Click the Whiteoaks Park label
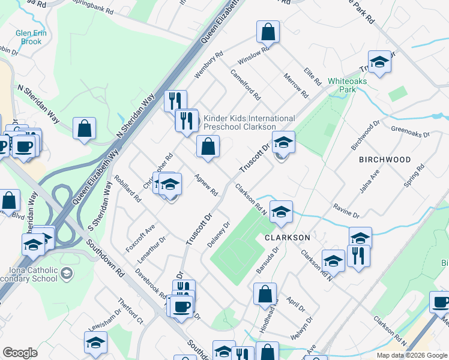click(x=342, y=85)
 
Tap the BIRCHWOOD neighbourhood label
click(x=385, y=160)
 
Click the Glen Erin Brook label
click(x=29, y=37)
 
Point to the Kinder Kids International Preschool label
click(x=249, y=122)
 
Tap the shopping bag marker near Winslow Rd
click(x=268, y=32)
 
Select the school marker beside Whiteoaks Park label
click(x=379, y=63)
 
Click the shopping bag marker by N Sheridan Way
click(x=85, y=129)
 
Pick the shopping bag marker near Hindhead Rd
click(x=265, y=295)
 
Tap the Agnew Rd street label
click(x=206, y=184)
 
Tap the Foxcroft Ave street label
click(x=140, y=238)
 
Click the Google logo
click(x=20, y=353)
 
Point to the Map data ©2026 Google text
click(x=411, y=355)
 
